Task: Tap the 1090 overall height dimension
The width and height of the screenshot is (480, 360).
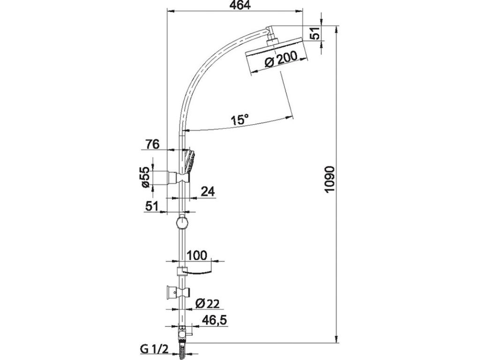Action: click(330, 180)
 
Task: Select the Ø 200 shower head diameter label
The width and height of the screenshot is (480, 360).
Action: click(281, 59)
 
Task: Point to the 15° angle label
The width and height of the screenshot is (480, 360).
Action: click(240, 119)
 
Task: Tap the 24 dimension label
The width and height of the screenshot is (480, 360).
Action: click(208, 192)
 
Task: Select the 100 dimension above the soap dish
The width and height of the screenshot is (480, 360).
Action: click(196, 255)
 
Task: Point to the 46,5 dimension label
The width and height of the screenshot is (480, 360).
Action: click(214, 320)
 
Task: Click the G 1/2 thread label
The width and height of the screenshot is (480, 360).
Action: click(154, 349)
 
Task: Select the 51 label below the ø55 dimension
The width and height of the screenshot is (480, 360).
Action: click(152, 206)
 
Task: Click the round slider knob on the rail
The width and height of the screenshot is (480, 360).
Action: click(182, 223)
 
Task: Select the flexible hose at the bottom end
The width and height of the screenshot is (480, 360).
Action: click(182, 349)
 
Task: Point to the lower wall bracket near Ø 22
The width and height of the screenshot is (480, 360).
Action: click(178, 292)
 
